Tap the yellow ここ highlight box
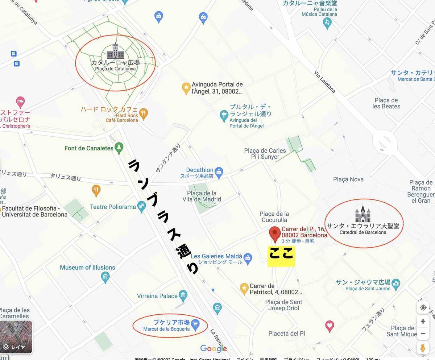point(281,256)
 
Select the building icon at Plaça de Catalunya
point(115,51)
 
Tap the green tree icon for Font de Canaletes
point(119,148)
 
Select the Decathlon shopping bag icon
point(219,173)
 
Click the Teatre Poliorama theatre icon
point(142,207)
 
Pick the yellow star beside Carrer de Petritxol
point(244,289)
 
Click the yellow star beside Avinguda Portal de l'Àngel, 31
point(186,88)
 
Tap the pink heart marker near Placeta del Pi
point(330,326)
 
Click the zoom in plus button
point(423,321)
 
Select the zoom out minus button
point(423,334)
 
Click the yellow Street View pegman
point(423,348)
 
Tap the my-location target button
point(423,308)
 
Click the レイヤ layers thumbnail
point(16,337)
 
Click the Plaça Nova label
point(348,179)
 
